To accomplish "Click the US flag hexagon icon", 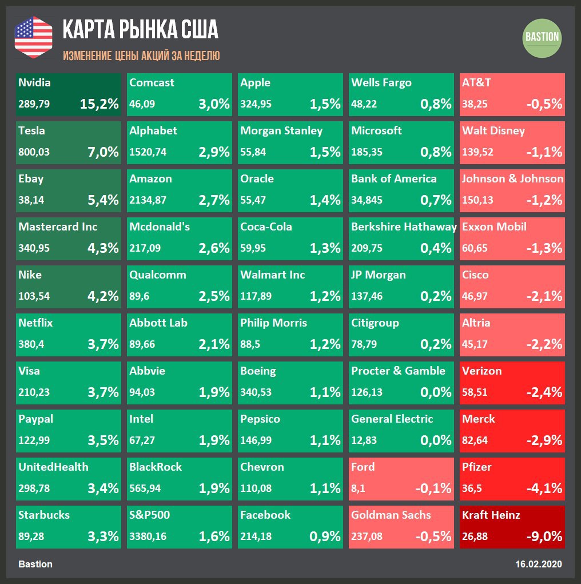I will (33, 37).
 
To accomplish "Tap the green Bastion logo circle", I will (542, 37).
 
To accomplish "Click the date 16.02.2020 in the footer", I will (539, 564).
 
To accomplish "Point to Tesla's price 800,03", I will (34, 153).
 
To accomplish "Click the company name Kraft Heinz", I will (491, 515).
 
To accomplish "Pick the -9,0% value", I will (544, 537).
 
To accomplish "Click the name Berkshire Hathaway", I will (404, 227).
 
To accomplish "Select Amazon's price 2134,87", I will (148, 201).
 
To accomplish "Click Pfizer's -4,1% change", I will (544, 488).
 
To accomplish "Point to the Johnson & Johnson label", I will (512, 178).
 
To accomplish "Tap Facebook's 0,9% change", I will (325, 537).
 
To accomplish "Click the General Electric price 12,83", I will (365, 441).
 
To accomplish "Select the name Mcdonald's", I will (160, 227).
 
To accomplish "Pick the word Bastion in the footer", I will (35, 564).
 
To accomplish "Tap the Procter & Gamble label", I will (398, 371).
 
